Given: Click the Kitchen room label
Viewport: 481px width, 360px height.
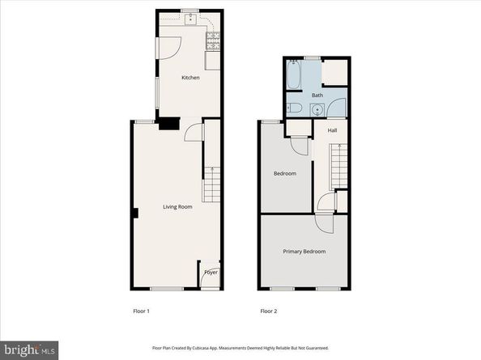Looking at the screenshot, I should point(190,78).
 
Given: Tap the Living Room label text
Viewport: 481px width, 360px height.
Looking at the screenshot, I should point(177,207).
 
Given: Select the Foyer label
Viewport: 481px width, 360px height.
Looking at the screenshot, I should point(211,273).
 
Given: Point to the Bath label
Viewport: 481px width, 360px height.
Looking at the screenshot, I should point(317,95).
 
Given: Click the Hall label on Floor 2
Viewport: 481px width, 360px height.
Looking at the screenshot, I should point(333,129).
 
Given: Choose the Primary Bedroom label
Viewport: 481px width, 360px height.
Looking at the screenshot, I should point(304,252).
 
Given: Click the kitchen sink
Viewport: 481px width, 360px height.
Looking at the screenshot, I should point(190,19).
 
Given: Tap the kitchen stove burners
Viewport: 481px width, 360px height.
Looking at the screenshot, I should point(215,38).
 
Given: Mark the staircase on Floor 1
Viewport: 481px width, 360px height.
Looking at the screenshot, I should point(211,185).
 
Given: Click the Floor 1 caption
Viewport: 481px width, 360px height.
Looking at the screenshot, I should point(142,311).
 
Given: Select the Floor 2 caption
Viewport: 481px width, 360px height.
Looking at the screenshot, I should point(268,311).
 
